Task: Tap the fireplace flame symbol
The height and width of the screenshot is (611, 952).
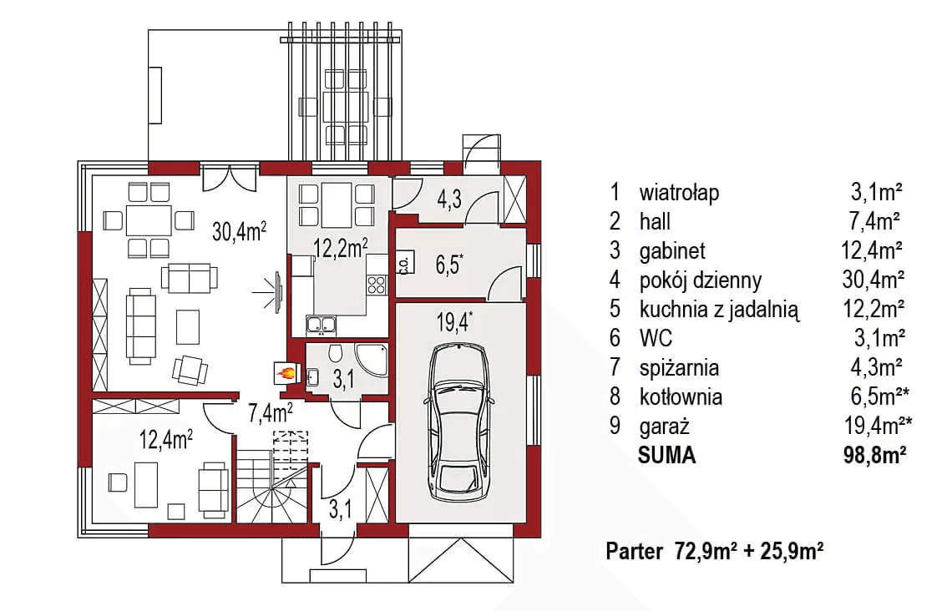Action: coord(286,373)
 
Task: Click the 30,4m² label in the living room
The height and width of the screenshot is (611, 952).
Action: coord(239,231)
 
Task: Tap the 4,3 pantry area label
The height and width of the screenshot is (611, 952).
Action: coord(448,200)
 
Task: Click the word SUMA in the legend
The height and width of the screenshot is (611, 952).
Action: coord(666,456)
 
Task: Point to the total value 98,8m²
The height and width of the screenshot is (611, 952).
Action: coord(874,456)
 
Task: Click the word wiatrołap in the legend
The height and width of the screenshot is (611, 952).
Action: coord(679,193)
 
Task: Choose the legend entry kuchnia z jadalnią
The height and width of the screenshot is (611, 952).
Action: coord(719,310)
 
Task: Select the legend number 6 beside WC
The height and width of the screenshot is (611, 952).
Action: coord(615,339)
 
